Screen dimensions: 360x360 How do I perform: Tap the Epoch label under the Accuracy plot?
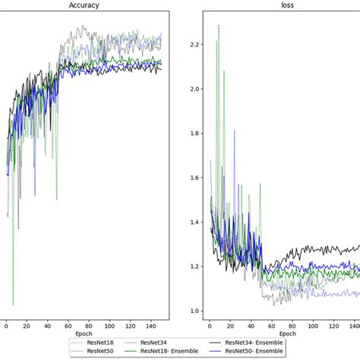tap(84, 333)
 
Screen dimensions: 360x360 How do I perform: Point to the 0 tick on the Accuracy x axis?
tap(7, 326)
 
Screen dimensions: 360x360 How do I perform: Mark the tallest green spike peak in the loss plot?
tap(219, 25)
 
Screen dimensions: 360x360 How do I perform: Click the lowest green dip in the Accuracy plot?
tap(14, 305)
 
